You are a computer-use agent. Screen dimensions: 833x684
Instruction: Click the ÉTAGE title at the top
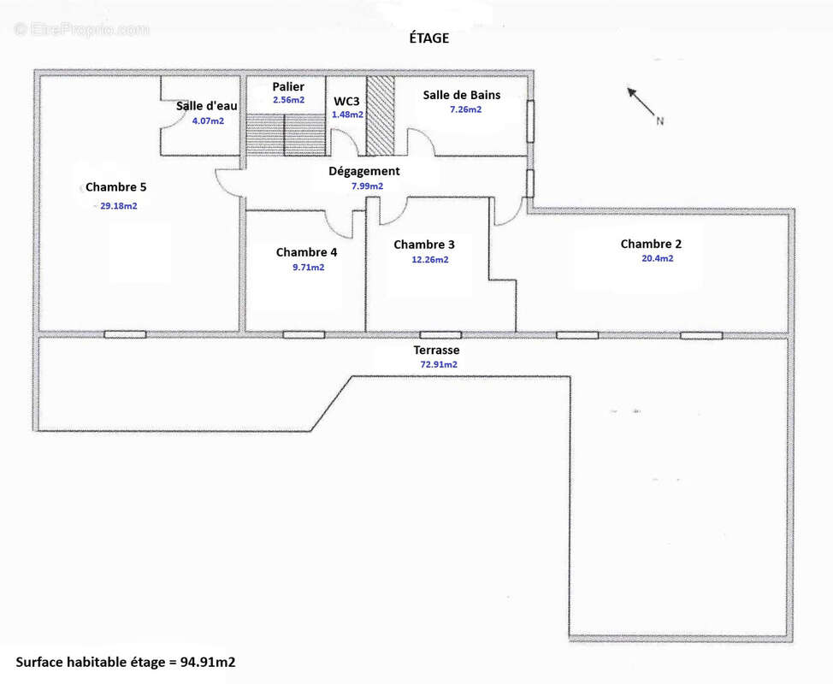(428, 38)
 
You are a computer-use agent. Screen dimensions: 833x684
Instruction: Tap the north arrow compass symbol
(646, 106)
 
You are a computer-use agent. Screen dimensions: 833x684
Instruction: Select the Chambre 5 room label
(115, 187)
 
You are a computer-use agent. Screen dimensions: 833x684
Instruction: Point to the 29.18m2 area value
(119, 205)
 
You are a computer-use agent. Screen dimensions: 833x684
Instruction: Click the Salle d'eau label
(207, 106)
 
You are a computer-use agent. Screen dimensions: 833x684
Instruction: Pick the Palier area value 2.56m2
(288, 100)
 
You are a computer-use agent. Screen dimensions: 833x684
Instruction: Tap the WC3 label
(346, 102)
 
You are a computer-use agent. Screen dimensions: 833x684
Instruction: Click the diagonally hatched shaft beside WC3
(381, 115)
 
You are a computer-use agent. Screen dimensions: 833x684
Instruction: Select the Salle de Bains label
(462, 95)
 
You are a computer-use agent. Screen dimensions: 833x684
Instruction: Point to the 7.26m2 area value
(466, 109)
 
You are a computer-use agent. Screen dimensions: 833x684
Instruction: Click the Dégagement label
(364, 172)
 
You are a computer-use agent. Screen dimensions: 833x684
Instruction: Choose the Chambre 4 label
(306, 252)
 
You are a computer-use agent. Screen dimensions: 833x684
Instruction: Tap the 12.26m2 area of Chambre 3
(430, 260)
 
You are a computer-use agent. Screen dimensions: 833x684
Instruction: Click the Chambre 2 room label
(651, 244)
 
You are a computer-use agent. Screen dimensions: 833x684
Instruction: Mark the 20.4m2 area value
(657, 258)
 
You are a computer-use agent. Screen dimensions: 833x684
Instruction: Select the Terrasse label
(436, 350)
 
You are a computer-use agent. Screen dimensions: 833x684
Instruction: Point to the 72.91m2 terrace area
(438, 364)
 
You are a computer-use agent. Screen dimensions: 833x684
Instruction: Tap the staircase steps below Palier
(287, 134)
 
